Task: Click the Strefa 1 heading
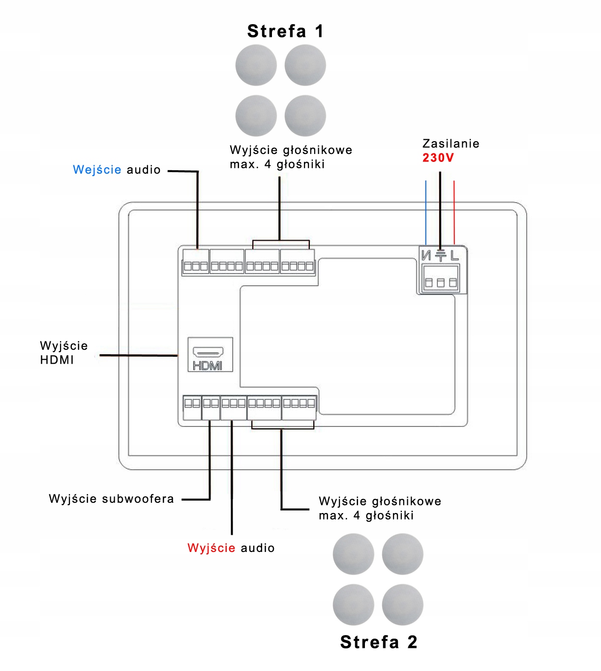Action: point(285,31)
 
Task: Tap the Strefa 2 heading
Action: point(379,642)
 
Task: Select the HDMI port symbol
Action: point(210,354)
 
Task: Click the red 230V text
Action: point(438,157)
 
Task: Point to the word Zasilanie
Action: point(451,144)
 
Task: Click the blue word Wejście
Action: point(97,170)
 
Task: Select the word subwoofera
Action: point(138,498)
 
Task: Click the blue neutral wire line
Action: point(426,213)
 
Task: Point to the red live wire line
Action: point(454,213)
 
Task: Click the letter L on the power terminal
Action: point(454,255)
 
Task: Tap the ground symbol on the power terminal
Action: point(440,256)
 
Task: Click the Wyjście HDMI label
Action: point(64,352)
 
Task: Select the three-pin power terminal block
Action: point(441,279)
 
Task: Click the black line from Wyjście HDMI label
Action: point(139,355)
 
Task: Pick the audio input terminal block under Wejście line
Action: point(196,261)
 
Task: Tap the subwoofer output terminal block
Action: point(210,408)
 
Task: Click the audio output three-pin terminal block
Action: point(234,408)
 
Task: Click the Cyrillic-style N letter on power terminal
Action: point(426,255)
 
